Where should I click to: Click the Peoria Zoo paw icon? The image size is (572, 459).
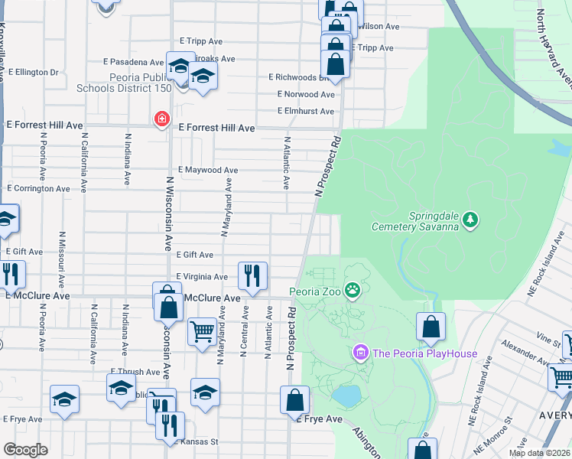[x=353, y=291]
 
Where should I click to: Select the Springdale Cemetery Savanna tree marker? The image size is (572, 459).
[x=471, y=221]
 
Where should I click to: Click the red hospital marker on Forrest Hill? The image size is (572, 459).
[x=161, y=119]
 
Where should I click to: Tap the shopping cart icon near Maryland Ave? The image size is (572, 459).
[x=202, y=333]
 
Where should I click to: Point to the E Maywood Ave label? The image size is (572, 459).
[x=208, y=170]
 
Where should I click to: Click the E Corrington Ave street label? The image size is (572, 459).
[x=38, y=188]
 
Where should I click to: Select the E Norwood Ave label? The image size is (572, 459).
[x=306, y=95]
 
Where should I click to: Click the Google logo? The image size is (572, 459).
[x=25, y=450]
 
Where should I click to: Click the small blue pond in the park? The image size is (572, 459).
[x=346, y=396]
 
